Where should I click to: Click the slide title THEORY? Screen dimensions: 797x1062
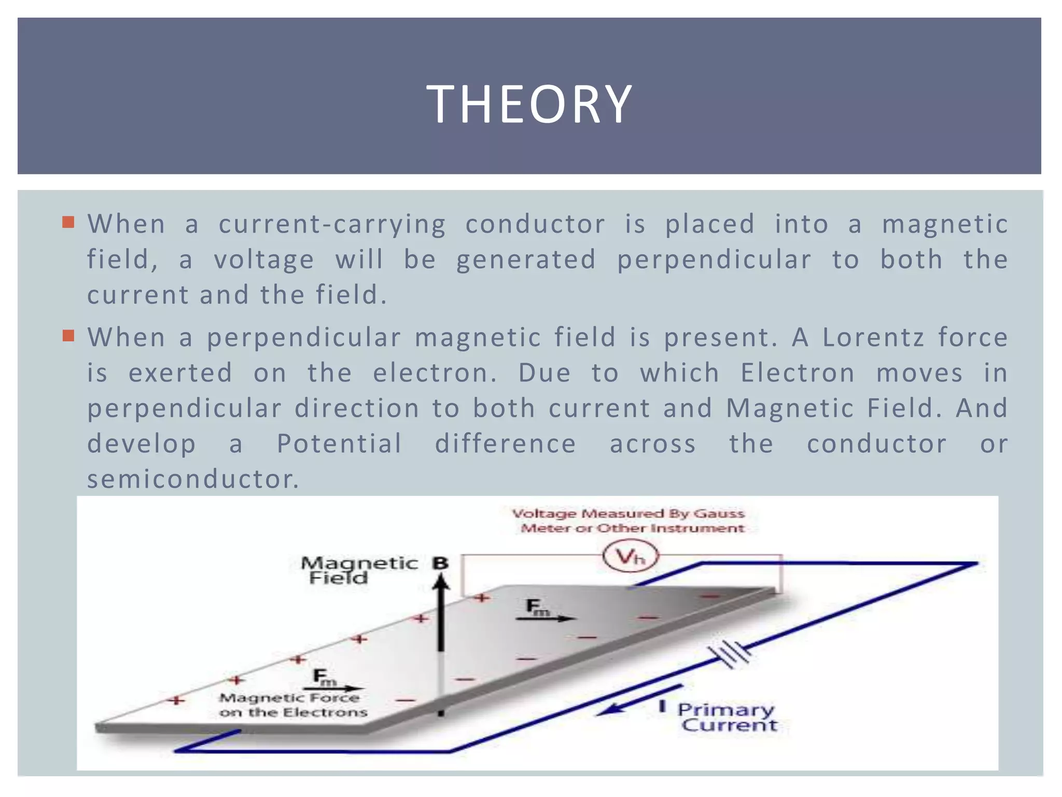click(x=529, y=105)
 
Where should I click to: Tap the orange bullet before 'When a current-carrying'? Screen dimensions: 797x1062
click(x=68, y=223)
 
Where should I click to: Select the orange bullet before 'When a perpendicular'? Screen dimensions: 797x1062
click(x=68, y=336)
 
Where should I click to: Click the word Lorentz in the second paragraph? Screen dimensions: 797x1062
click(x=873, y=337)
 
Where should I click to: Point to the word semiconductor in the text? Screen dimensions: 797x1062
click(x=192, y=479)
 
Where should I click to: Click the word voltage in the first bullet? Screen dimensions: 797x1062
click(x=264, y=259)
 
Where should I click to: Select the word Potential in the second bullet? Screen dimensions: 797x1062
click(x=339, y=444)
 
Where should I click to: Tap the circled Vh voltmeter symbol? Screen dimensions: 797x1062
click(x=631, y=557)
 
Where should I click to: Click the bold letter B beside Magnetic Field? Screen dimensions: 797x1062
click(x=440, y=563)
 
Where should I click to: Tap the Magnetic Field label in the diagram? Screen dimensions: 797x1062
click(x=358, y=570)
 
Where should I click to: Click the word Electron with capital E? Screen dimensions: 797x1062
click(x=797, y=373)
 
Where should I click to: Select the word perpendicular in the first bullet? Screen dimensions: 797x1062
click(x=714, y=259)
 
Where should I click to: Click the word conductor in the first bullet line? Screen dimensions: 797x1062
click(x=535, y=224)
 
